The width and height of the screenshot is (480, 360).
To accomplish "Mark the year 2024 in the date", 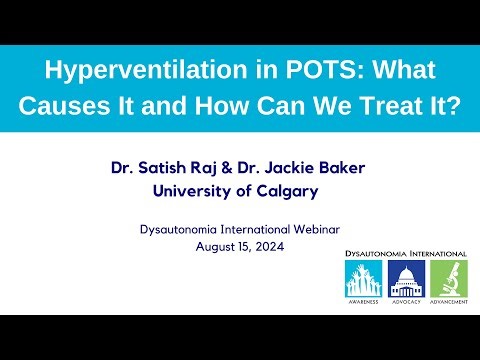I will pyautogui.click(x=268, y=245).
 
